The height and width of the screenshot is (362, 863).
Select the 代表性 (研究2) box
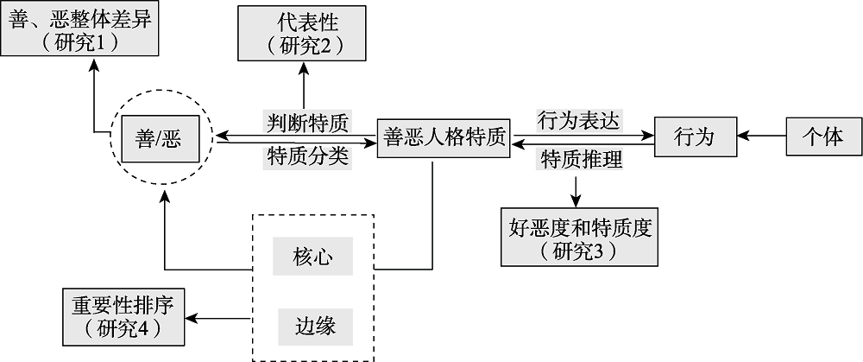304,34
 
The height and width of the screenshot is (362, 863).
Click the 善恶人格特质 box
444,137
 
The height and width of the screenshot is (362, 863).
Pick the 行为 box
696,137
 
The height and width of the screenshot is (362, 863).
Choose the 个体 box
823,137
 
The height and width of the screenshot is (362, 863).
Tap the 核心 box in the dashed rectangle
312,257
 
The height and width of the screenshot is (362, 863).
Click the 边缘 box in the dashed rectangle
312,327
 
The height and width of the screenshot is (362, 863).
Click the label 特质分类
307,156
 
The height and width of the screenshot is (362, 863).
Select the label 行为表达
579,118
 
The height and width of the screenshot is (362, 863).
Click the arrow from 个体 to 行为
763,137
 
